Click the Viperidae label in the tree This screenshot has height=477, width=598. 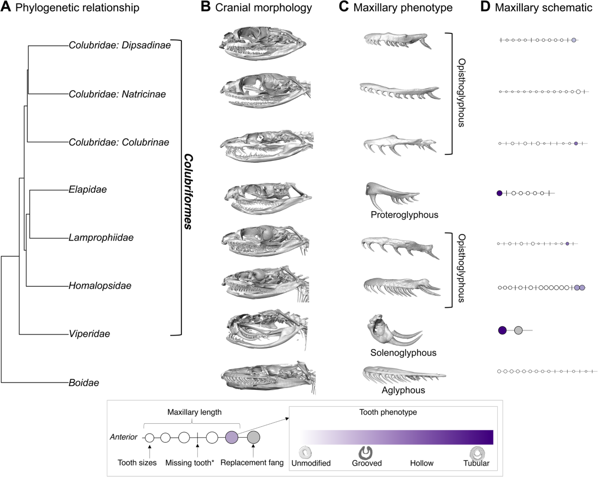tap(90, 334)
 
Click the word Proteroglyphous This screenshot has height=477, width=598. tap(404, 215)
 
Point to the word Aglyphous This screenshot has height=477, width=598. tap(403, 390)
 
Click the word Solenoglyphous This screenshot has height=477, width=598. tap(403, 353)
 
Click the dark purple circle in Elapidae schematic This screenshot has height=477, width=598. tap(499, 193)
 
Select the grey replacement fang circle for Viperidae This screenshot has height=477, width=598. tap(518, 330)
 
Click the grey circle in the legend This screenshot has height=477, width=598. tap(253, 438)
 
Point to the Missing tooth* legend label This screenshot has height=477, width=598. tap(198, 463)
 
